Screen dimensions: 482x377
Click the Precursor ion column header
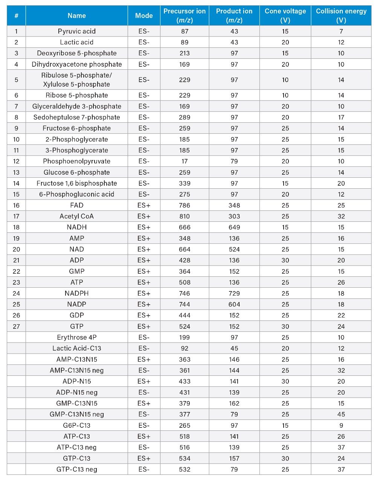pos(185,15)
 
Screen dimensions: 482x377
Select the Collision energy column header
pos(341,15)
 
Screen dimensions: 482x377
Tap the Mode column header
pos(144,15)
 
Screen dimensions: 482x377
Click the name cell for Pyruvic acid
pos(76,31)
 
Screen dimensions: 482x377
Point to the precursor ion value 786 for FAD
pos(185,205)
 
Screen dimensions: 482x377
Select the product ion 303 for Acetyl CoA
pos(234,216)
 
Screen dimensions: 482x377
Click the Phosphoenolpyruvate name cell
pos(76,161)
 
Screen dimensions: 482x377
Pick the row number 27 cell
pos(16,326)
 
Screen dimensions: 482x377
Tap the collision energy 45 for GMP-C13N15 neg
pos(341,414)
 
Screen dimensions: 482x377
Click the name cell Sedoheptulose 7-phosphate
pos(76,117)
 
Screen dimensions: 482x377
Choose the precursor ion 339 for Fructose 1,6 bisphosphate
pos(185,183)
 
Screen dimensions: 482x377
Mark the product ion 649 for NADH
pos(234,227)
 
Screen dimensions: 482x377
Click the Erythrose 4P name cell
pos(76,337)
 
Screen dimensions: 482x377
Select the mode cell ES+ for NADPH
pos(144,293)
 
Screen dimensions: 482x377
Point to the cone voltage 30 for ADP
pos(285,260)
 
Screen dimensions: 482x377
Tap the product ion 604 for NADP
pos(234,304)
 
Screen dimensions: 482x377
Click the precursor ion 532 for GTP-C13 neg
pos(185,469)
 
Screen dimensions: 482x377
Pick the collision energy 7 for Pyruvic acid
pos(341,31)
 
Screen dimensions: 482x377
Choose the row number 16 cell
pos(16,205)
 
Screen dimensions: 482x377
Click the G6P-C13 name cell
pos(76,425)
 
